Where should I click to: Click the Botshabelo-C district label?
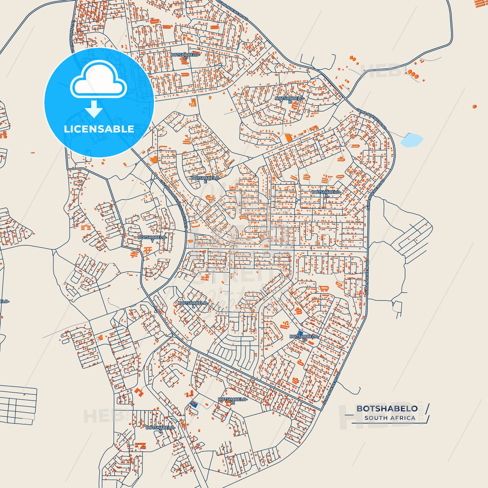pyautogui.click(x=185, y=56)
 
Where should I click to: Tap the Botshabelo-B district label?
pyautogui.click(x=290, y=100)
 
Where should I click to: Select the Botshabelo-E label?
pyautogui.click(x=205, y=179)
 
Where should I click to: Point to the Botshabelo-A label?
pyautogui.click(x=326, y=194)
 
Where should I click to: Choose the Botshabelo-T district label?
pyautogui.click(x=152, y=239)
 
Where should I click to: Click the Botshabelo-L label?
pyautogui.click(x=193, y=304)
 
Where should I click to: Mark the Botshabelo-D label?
pyautogui.click(x=304, y=338)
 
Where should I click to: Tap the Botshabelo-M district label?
pyautogui.click(x=233, y=401)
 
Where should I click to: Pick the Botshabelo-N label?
pyautogui.click(x=160, y=429)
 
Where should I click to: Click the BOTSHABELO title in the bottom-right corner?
pyautogui.click(x=387, y=409)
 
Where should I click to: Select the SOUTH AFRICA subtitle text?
pyautogui.click(x=390, y=418)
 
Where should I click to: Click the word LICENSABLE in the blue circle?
pyautogui.click(x=99, y=129)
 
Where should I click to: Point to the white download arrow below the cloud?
pyautogui.click(x=94, y=109)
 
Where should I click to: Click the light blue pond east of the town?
pyautogui.click(x=411, y=140)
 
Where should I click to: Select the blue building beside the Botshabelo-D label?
pyautogui.click(x=300, y=333)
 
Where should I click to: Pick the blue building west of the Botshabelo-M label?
pyautogui.click(x=194, y=404)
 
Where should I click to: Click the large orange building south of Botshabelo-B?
pyautogui.click(x=288, y=138)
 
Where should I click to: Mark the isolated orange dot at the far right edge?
pyautogui.click(x=474, y=106)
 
